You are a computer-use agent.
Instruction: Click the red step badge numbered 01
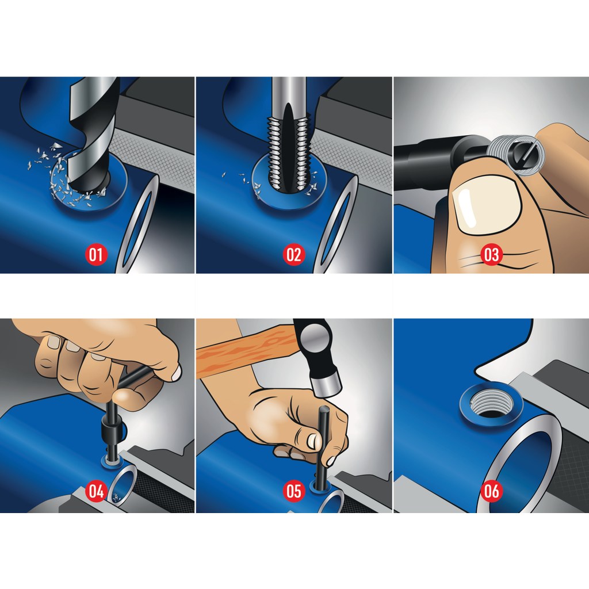click(96, 255)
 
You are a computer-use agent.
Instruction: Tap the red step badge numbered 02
click(294, 255)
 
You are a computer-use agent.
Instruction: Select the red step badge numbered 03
click(492, 255)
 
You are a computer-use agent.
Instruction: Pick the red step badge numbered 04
click(96, 491)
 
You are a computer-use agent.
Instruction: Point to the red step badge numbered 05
click(294, 491)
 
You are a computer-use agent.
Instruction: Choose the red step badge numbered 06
click(492, 491)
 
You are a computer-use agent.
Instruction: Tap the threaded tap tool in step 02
click(289, 139)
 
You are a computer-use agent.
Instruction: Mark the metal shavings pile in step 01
click(68, 177)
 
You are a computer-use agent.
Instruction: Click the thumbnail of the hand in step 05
click(312, 441)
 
